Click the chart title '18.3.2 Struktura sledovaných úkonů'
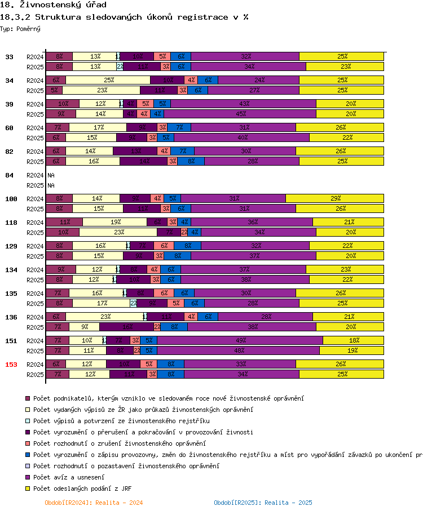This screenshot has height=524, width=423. [125, 17]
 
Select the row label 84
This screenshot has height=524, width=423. [10, 175]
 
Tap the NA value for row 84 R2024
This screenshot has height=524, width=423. [51, 175]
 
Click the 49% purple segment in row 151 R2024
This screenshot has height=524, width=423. [240, 340]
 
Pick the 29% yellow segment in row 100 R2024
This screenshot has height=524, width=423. [334, 198]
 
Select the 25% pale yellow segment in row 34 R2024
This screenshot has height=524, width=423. [109, 80]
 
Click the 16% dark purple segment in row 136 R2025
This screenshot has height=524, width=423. [127, 327]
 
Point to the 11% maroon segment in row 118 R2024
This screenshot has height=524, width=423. [64, 222]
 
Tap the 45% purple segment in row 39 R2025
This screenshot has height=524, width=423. [240, 114]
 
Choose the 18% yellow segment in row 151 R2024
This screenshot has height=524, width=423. [353, 340]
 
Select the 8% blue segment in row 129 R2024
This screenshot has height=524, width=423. [187, 246]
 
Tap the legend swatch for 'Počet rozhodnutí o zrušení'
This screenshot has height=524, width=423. [28, 443]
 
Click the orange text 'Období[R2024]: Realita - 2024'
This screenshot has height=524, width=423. [94, 503]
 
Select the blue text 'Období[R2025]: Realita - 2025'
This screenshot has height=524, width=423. [263, 503]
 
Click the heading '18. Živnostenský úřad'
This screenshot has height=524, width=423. [53, 5]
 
